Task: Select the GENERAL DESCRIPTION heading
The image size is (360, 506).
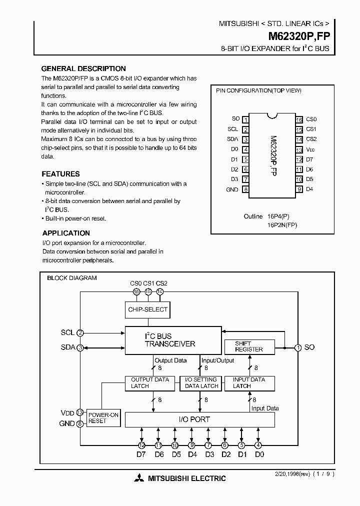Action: point(83,68)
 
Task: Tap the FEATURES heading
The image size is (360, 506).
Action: point(60,174)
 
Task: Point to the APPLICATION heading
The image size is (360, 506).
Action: point(66,233)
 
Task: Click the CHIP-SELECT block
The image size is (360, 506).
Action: point(148,309)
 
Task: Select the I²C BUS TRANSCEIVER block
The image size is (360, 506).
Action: point(173,340)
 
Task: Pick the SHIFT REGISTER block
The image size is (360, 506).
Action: point(248,346)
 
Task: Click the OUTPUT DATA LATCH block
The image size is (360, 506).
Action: point(149,383)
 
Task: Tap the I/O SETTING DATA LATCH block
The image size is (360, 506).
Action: point(201,383)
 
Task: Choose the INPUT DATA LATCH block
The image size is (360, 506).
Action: point(248,383)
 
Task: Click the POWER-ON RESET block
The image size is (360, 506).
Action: point(103,418)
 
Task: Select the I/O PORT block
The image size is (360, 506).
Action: point(199,419)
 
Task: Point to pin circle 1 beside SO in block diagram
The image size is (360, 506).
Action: point(297,347)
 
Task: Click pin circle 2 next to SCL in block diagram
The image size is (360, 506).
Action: point(80,332)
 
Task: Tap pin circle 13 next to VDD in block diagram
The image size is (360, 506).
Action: point(80,412)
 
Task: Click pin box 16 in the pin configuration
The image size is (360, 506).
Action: point(299,119)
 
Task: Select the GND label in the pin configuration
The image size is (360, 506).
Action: point(232,189)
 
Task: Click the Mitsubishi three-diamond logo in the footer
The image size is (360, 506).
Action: point(138,478)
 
